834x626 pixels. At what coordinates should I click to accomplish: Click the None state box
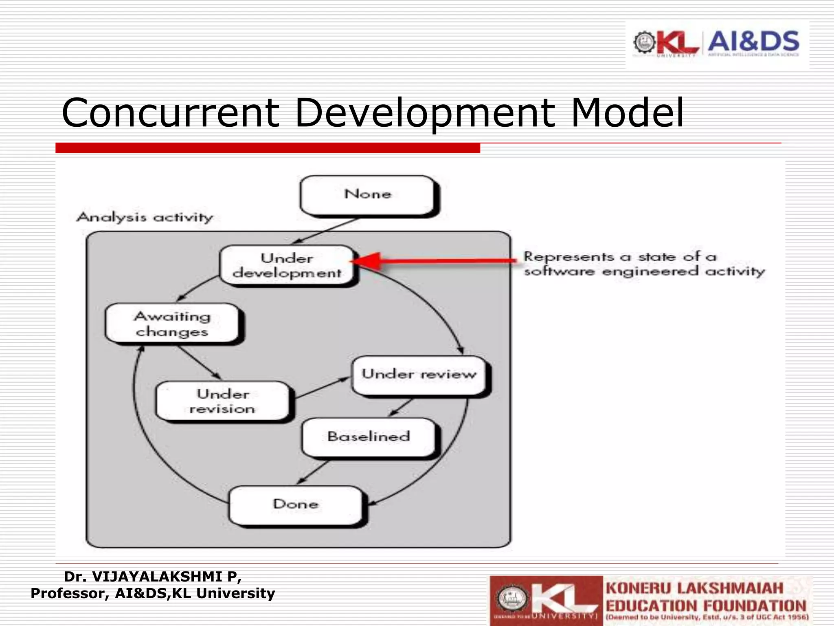pos(367,194)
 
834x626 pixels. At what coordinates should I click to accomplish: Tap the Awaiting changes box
pos(172,324)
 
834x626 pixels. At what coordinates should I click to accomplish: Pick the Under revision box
pos(223,401)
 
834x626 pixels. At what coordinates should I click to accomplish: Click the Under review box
pos(419,374)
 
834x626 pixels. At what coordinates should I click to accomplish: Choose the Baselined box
pos(369,436)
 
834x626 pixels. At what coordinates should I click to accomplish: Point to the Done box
pos(296,504)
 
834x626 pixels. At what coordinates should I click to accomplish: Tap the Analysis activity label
pos(145,217)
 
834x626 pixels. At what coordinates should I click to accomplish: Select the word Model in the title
pos(627,113)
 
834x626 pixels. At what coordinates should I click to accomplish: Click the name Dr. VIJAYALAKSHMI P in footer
pos(153,577)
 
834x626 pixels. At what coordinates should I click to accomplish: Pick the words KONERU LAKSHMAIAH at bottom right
pos(694,589)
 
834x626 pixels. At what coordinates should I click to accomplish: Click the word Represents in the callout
pos(568,257)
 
